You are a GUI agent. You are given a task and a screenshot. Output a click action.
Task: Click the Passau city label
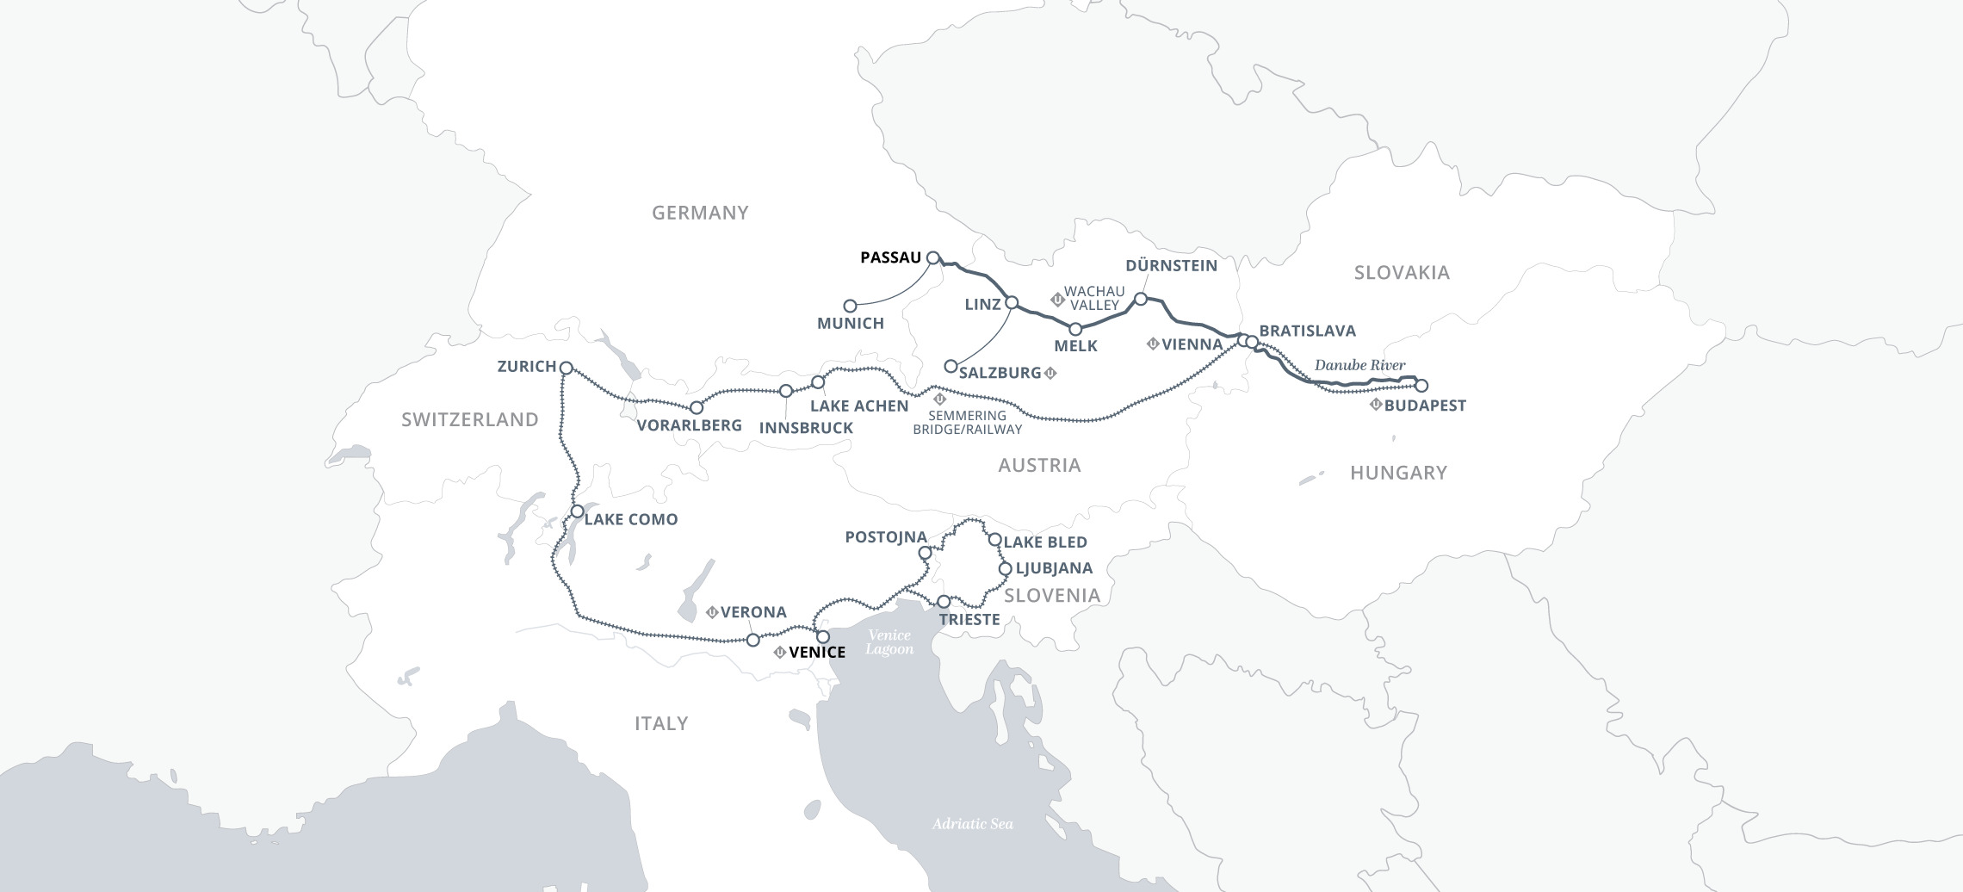coord(890,257)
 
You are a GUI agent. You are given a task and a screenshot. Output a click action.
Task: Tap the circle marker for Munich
coord(850,306)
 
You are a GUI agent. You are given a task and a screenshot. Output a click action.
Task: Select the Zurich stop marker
coord(566,368)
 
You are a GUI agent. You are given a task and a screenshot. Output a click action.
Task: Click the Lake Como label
coord(630,519)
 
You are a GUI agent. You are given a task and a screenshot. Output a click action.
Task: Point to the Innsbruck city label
coord(806,427)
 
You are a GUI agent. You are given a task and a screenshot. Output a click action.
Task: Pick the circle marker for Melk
coord(1074,329)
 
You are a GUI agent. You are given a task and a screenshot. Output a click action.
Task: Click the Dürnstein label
coord(1171,265)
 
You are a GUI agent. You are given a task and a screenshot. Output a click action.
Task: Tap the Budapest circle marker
coord(1421,386)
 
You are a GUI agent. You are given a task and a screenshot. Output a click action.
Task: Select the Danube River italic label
coord(1359,365)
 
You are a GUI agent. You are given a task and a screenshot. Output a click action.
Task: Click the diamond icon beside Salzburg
coord(1050,373)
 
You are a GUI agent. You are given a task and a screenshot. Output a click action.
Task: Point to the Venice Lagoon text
coord(889,641)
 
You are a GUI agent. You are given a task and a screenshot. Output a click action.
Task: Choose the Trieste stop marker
coord(944,601)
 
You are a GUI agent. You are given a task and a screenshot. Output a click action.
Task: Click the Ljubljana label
coord(1054,568)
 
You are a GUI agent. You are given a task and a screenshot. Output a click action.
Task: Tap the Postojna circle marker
coord(925,553)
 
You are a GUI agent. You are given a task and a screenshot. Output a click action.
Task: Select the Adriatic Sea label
coord(972,824)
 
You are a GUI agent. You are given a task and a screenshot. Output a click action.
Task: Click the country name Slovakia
coord(1402,273)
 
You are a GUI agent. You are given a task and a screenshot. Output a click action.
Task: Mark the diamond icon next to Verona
coord(712,613)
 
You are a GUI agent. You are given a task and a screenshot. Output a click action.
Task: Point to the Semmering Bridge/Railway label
coord(967,422)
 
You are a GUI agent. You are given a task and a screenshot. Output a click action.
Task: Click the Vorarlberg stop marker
coord(697,407)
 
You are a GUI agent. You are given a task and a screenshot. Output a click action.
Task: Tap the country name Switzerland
coord(469,419)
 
